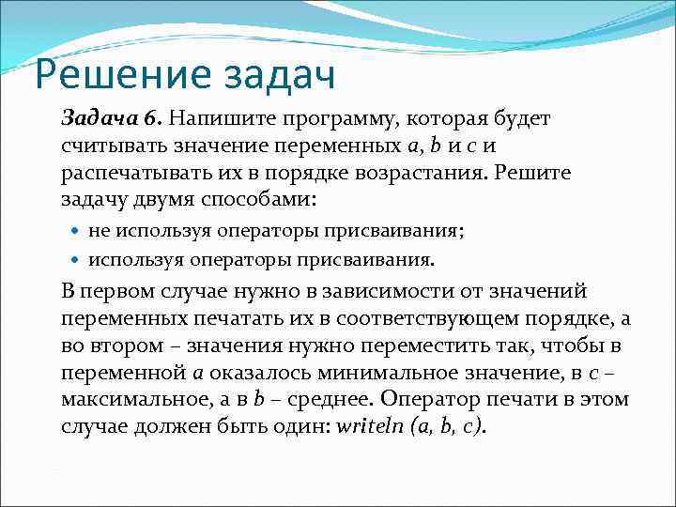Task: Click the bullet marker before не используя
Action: pyautogui.click(x=76, y=231)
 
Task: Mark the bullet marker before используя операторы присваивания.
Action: pyautogui.click(x=76, y=258)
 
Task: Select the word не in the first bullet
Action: pyautogui.click(x=99, y=231)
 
